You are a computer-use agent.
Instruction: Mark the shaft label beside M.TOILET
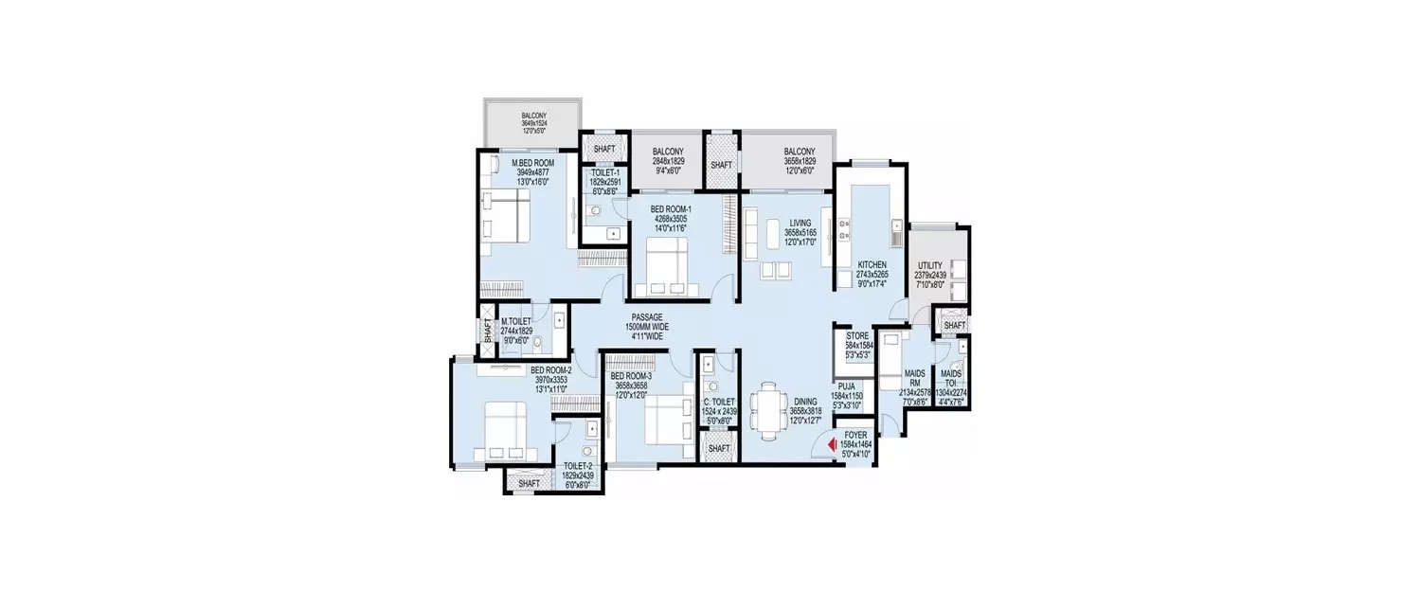pos(487,331)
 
